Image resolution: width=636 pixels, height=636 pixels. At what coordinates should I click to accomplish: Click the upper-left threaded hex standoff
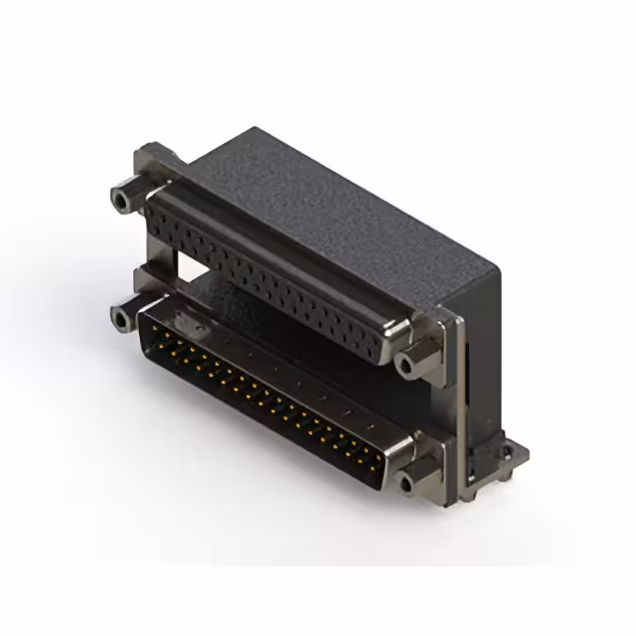tap(122, 200)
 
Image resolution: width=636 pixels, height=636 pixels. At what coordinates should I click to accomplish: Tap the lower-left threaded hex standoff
tap(122, 318)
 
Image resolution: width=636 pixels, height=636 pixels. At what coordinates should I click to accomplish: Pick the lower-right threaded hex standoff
tap(407, 483)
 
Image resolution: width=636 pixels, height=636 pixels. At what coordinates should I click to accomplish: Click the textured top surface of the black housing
tap(328, 199)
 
